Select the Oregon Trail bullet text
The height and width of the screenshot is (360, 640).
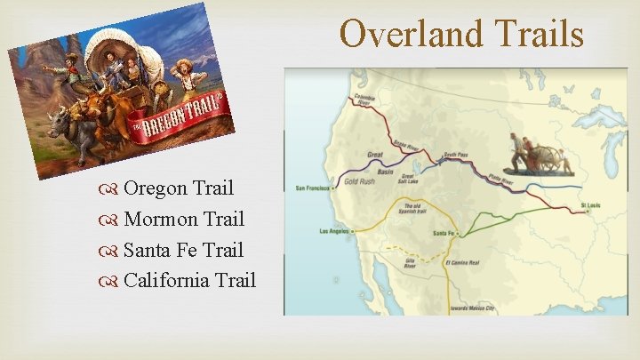pos(178,188)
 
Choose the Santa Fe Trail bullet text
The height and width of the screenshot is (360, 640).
pos(183,250)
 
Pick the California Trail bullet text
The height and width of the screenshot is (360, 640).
pos(189,281)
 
